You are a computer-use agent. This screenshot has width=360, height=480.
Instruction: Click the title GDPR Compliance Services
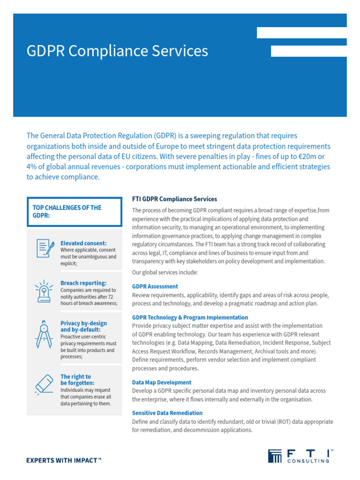click(x=117, y=51)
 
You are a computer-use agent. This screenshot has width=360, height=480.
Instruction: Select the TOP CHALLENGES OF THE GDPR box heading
click(x=67, y=211)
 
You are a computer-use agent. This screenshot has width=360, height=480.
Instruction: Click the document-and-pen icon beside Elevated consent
click(x=44, y=248)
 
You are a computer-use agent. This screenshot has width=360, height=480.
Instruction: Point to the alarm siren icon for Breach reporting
click(x=44, y=291)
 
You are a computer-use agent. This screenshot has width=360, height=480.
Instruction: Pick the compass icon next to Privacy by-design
click(x=44, y=334)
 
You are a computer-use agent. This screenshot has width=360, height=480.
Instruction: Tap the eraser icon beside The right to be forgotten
click(x=44, y=384)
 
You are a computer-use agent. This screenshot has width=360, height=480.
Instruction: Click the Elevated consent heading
click(x=83, y=243)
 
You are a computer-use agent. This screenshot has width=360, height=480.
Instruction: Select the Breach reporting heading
click(x=83, y=283)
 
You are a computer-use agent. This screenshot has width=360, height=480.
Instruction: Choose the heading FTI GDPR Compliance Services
click(x=174, y=199)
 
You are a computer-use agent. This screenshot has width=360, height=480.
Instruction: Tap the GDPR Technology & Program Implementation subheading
click(x=190, y=317)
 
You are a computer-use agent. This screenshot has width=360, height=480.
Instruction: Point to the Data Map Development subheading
click(x=162, y=382)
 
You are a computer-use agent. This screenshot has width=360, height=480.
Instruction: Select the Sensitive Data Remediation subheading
click(x=167, y=413)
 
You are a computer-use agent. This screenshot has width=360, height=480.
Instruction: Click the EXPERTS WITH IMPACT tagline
click(x=64, y=461)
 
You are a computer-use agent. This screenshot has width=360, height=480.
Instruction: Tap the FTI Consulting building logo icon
click(x=275, y=456)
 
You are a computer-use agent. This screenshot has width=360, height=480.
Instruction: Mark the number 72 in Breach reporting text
click(x=111, y=297)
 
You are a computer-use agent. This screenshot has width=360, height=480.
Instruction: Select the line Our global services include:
click(x=165, y=272)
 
